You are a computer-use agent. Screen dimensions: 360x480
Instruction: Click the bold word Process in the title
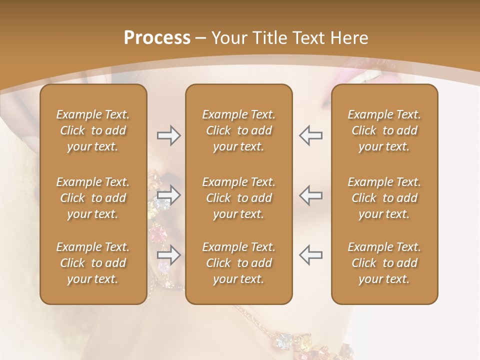tap(157, 38)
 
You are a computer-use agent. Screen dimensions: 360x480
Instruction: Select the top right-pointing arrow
tap(169, 135)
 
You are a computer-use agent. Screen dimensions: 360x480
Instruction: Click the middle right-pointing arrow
tap(169, 195)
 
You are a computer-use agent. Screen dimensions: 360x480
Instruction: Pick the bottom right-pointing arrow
tap(169, 255)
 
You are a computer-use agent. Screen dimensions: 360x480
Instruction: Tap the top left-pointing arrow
tap(310, 135)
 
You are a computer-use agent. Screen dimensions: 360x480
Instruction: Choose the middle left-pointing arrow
tap(310, 195)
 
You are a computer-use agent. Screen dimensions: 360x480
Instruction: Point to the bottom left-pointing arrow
tap(310, 255)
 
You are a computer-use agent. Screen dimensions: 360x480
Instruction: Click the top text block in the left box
tap(93, 130)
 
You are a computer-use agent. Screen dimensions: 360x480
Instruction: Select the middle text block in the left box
tap(93, 198)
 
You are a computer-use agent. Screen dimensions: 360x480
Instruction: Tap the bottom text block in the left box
tap(93, 263)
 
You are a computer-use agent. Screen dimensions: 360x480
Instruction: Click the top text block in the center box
tap(238, 130)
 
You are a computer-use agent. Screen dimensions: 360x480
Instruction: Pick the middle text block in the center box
tap(238, 198)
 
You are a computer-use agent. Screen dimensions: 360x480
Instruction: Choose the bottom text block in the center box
tap(238, 263)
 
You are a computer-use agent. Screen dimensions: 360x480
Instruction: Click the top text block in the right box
tap(384, 130)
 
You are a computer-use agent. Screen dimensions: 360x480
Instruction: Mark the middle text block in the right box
tap(384, 198)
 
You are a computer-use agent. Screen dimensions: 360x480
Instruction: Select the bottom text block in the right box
tap(384, 263)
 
